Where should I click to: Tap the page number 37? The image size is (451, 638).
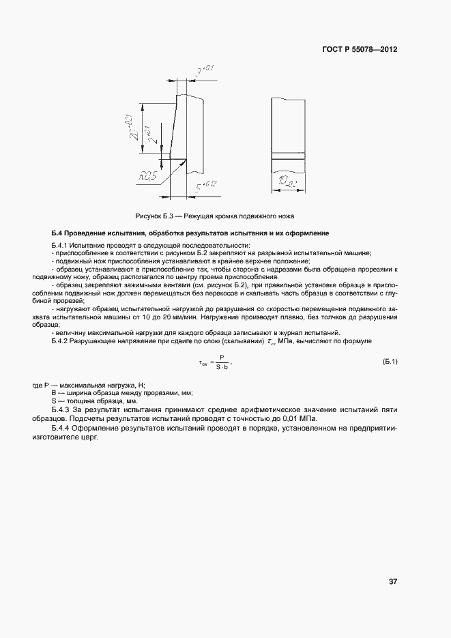(393, 581)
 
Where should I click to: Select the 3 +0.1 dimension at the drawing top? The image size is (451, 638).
(205, 70)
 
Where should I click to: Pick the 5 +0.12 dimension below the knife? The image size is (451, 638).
(207, 185)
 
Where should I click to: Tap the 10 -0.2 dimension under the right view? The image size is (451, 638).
(287, 182)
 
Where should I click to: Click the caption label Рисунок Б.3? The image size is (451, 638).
(152, 216)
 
